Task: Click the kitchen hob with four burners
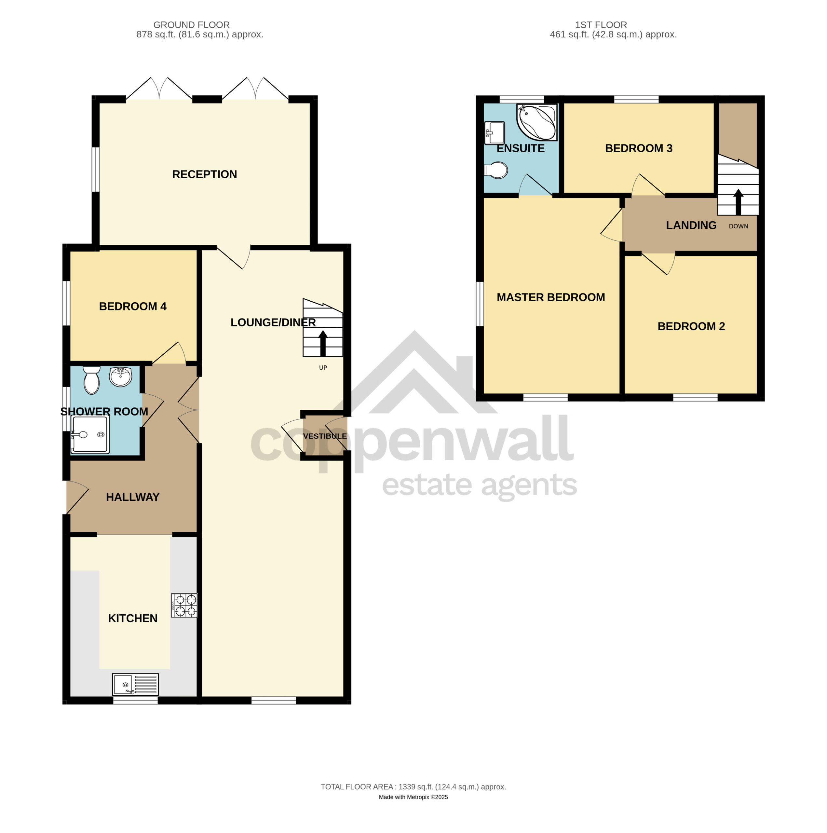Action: [x=184, y=605]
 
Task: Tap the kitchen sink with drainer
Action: [x=135, y=684]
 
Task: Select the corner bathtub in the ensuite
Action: [x=537, y=122]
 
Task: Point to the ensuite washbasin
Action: [x=495, y=133]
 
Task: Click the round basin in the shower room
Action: [x=120, y=377]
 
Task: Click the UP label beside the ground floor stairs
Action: [x=323, y=368]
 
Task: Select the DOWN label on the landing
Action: [x=738, y=226]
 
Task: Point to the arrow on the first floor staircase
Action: [x=738, y=202]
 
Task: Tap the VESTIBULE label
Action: [x=325, y=436]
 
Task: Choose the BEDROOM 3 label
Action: [x=639, y=148]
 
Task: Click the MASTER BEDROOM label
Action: [x=550, y=297]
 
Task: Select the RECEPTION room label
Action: [x=204, y=174]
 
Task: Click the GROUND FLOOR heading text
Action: [x=191, y=25]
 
